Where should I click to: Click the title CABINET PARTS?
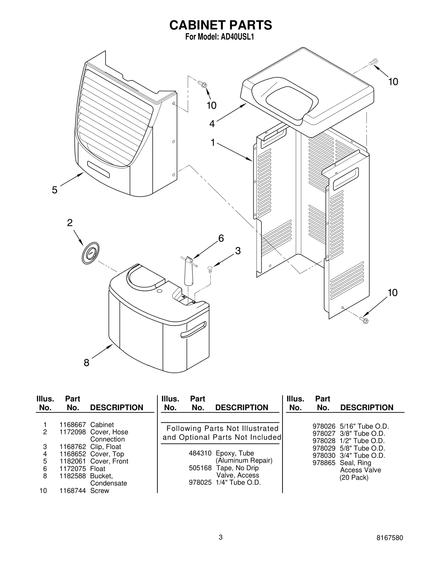tap(221, 25)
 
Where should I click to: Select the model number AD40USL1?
tap(237, 37)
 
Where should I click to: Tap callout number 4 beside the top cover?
tap(212, 124)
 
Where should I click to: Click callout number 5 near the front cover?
tap(55, 190)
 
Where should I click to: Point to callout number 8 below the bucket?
tap(86, 363)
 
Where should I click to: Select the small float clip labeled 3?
tap(210, 269)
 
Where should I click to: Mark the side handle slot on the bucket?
tap(193, 329)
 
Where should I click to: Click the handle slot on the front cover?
tap(98, 169)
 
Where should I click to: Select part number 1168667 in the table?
tap(73, 425)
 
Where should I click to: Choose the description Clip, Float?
tap(106, 447)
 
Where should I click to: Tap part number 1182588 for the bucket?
tap(73, 476)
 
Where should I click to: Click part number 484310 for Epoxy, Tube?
tap(200, 453)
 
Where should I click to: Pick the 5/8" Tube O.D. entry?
tap(362, 448)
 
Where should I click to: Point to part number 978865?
tap(324, 463)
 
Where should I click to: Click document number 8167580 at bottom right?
tap(389, 545)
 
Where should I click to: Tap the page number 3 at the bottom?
tap(220, 545)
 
